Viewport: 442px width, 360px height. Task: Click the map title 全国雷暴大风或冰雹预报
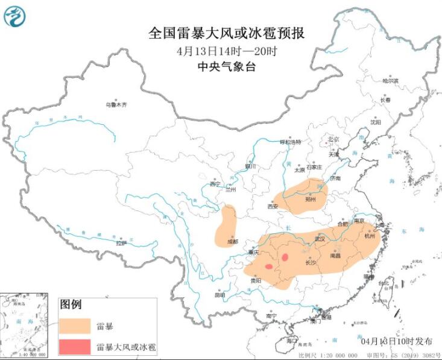(226, 33)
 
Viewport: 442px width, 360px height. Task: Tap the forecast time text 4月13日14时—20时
(226, 51)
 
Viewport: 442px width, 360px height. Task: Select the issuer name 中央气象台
(226, 67)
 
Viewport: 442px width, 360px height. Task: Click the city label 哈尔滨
(390, 80)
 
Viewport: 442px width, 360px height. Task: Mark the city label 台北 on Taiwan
(383, 283)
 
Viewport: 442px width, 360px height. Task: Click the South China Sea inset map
(27, 326)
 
